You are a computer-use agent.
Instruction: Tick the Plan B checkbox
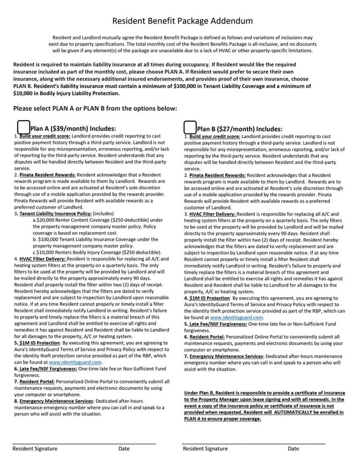click(x=189, y=128)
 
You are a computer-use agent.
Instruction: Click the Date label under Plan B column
click(x=293, y=449)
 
